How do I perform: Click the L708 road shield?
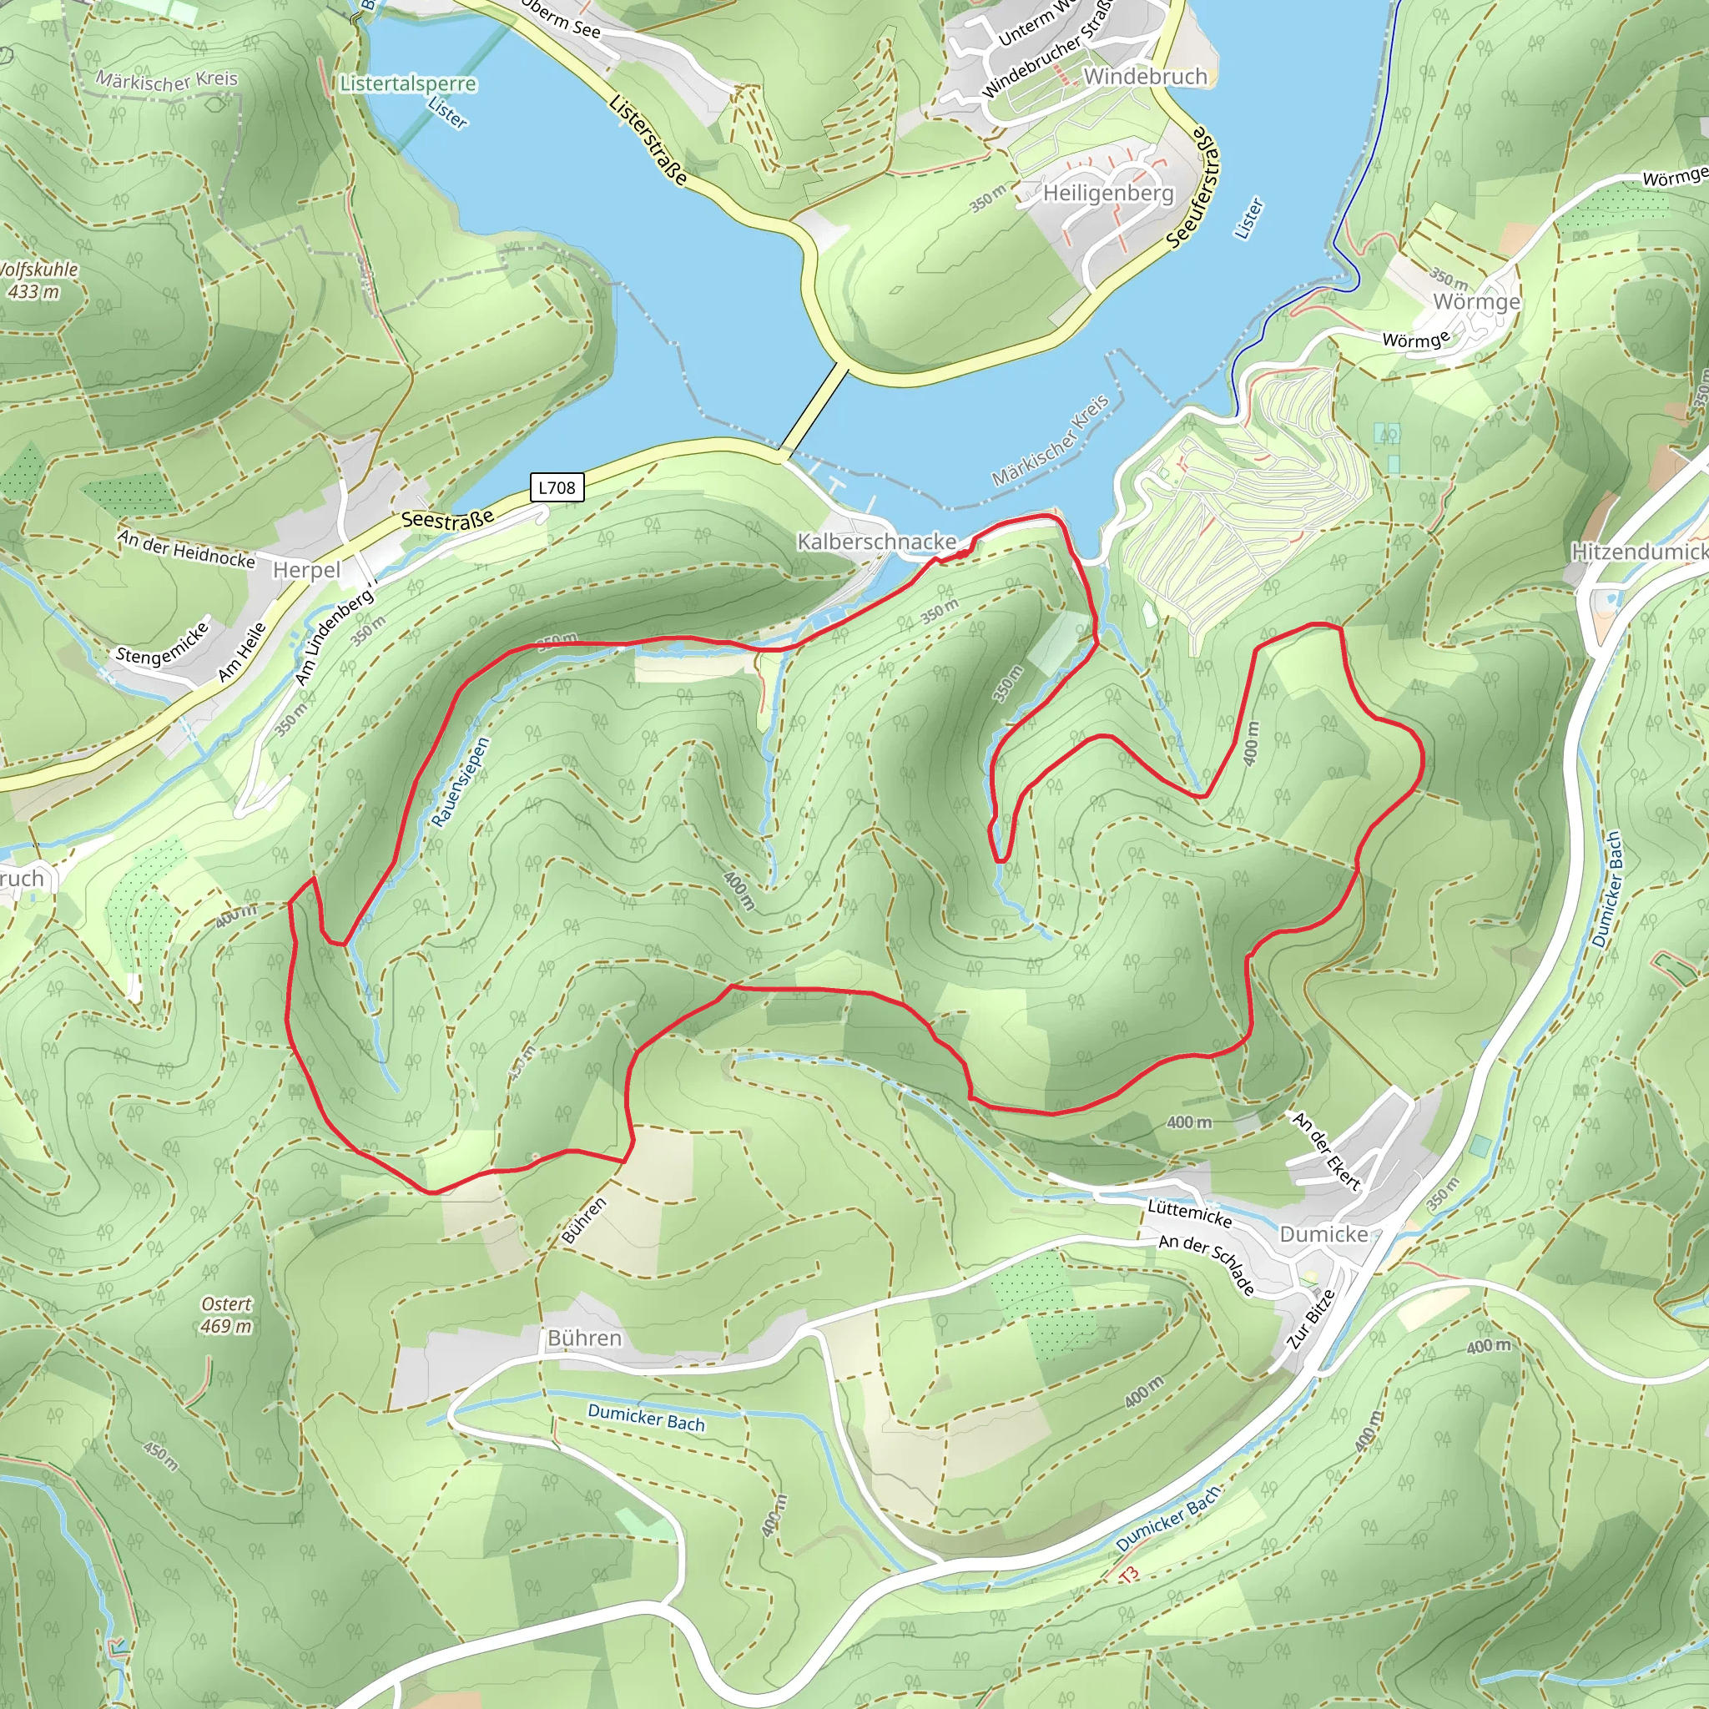pos(557,487)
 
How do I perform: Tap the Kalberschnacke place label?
pos(877,542)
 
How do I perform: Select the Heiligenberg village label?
pos(1108,193)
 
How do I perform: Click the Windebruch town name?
pos(1145,77)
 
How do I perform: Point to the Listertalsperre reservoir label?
pos(408,84)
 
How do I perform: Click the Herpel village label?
pos(306,570)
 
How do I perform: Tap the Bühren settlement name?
pos(584,1338)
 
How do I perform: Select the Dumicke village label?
pos(1323,1234)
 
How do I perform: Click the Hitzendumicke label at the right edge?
pos(1638,552)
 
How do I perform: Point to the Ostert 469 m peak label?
pos(226,1314)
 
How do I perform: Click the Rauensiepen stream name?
pos(460,782)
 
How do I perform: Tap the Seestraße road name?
pos(447,519)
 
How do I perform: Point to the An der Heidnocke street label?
pos(187,549)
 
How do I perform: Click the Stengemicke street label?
pos(163,643)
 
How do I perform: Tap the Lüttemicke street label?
pos(1189,1212)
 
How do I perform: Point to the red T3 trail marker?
pos(1129,1575)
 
